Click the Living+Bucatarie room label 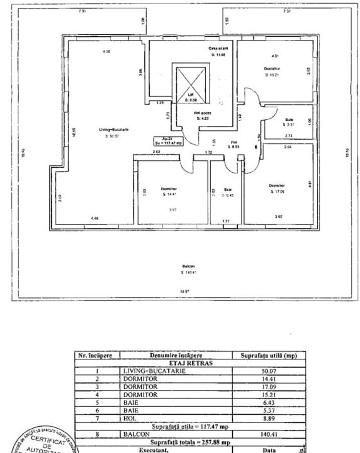click(114, 129)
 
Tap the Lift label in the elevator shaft click(191, 94)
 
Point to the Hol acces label click(203, 113)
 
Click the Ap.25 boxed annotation click(168, 141)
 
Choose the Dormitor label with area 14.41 click(169, 189)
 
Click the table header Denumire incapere click(176, 355)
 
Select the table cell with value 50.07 click(268, 371)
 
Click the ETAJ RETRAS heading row click(190, 363)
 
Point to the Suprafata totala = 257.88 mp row click(190, 442)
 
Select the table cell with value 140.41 click(268, 434)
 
